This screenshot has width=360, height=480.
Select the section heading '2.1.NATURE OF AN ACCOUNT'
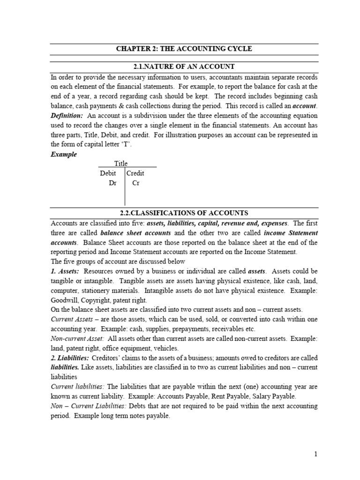tap(184, 67)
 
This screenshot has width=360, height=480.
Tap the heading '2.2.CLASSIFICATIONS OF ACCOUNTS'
tap(184, 213)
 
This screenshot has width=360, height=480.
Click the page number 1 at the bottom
tap(316, 454)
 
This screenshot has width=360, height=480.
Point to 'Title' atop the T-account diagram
tap(121, 164)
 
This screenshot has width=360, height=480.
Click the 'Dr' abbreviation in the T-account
tap(112, 183)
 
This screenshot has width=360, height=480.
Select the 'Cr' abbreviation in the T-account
tap(135, 183)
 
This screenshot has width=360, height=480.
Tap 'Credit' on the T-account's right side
tap(135, 173)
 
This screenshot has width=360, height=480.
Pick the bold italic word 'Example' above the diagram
tap(63, 154)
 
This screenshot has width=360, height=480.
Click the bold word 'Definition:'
tap(67, 115)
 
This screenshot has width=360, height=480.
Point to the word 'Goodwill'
tap(64, 300)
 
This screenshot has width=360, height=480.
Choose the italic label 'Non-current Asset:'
tap(77, 338)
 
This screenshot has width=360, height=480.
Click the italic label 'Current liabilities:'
tap(78, 386)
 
